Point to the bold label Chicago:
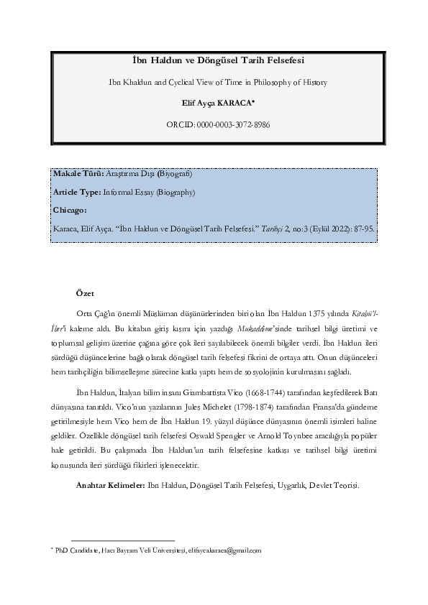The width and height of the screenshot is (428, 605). tap(70, 210)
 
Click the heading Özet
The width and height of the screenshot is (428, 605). tap(85, 295)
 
